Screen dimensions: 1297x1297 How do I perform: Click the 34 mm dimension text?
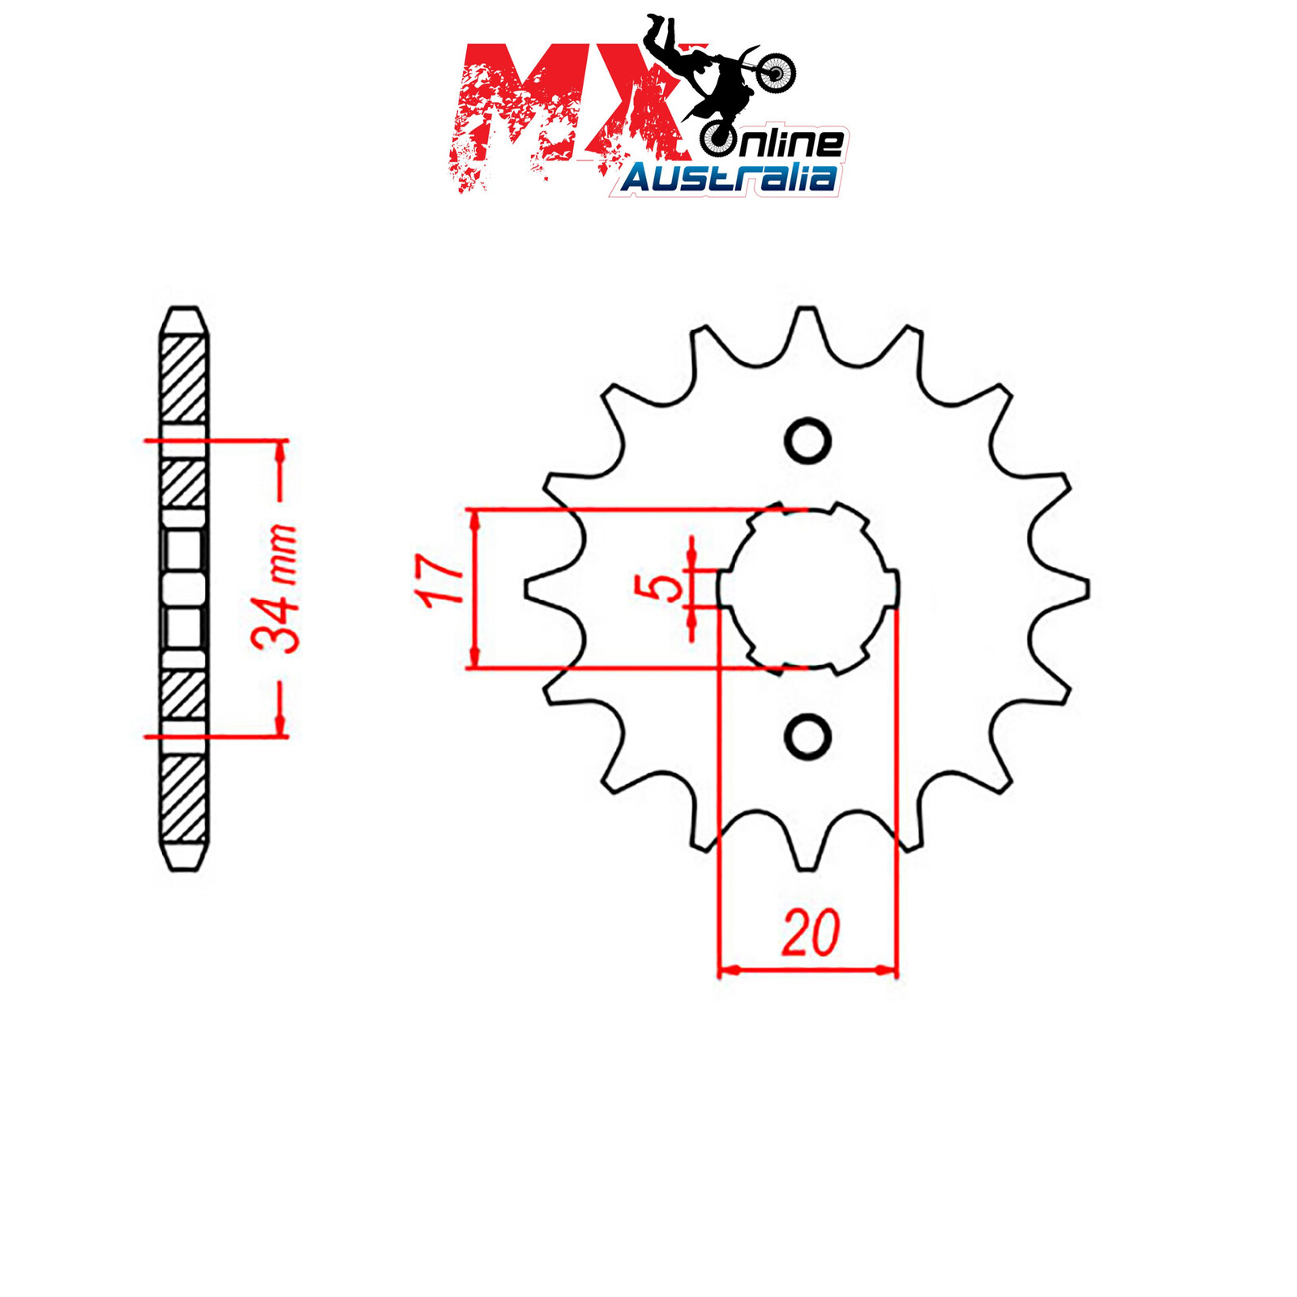274,589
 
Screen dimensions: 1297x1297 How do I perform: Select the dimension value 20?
810,934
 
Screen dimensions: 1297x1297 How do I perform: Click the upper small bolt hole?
808,442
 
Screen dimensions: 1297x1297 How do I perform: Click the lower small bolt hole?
808,737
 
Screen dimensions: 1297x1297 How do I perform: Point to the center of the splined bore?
808,589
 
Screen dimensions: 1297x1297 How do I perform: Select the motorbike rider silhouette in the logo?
713,73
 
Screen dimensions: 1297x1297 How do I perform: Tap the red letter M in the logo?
519,113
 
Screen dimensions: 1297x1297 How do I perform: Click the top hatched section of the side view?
183,378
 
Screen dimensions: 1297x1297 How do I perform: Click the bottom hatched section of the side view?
183,798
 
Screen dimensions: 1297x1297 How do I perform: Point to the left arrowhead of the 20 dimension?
726,970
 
